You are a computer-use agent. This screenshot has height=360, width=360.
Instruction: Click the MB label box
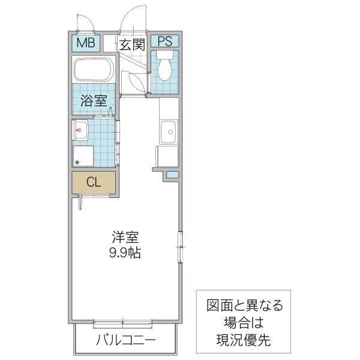pos(84,44)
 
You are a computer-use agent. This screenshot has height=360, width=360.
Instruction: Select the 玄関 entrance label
pos(131,44)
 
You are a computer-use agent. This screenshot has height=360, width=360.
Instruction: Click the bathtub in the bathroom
pos(94,71)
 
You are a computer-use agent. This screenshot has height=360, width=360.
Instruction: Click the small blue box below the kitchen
pos(172,175)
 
